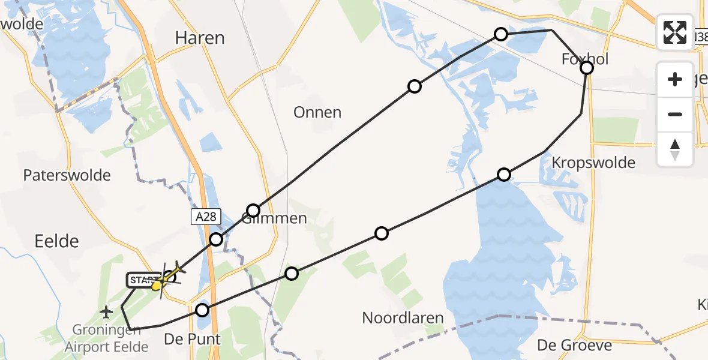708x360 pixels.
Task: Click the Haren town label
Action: coord(200,38)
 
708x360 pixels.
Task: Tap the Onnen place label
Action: coord(317,112)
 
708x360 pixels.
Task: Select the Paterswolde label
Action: coord(67,175)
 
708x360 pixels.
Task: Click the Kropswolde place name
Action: coord(593,163)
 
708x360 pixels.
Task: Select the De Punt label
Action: coord(193,339)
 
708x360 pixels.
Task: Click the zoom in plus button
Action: coord(675,80)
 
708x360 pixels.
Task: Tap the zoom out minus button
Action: coord(675,114)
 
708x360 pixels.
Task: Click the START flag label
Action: coord(142,280)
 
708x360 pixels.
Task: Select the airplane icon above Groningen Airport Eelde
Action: coord(107,311)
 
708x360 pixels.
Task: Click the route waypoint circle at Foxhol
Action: coord(587,68)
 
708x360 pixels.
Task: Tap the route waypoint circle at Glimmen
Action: coord(253,211)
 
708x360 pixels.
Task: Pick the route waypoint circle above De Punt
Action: coord(202,310)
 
